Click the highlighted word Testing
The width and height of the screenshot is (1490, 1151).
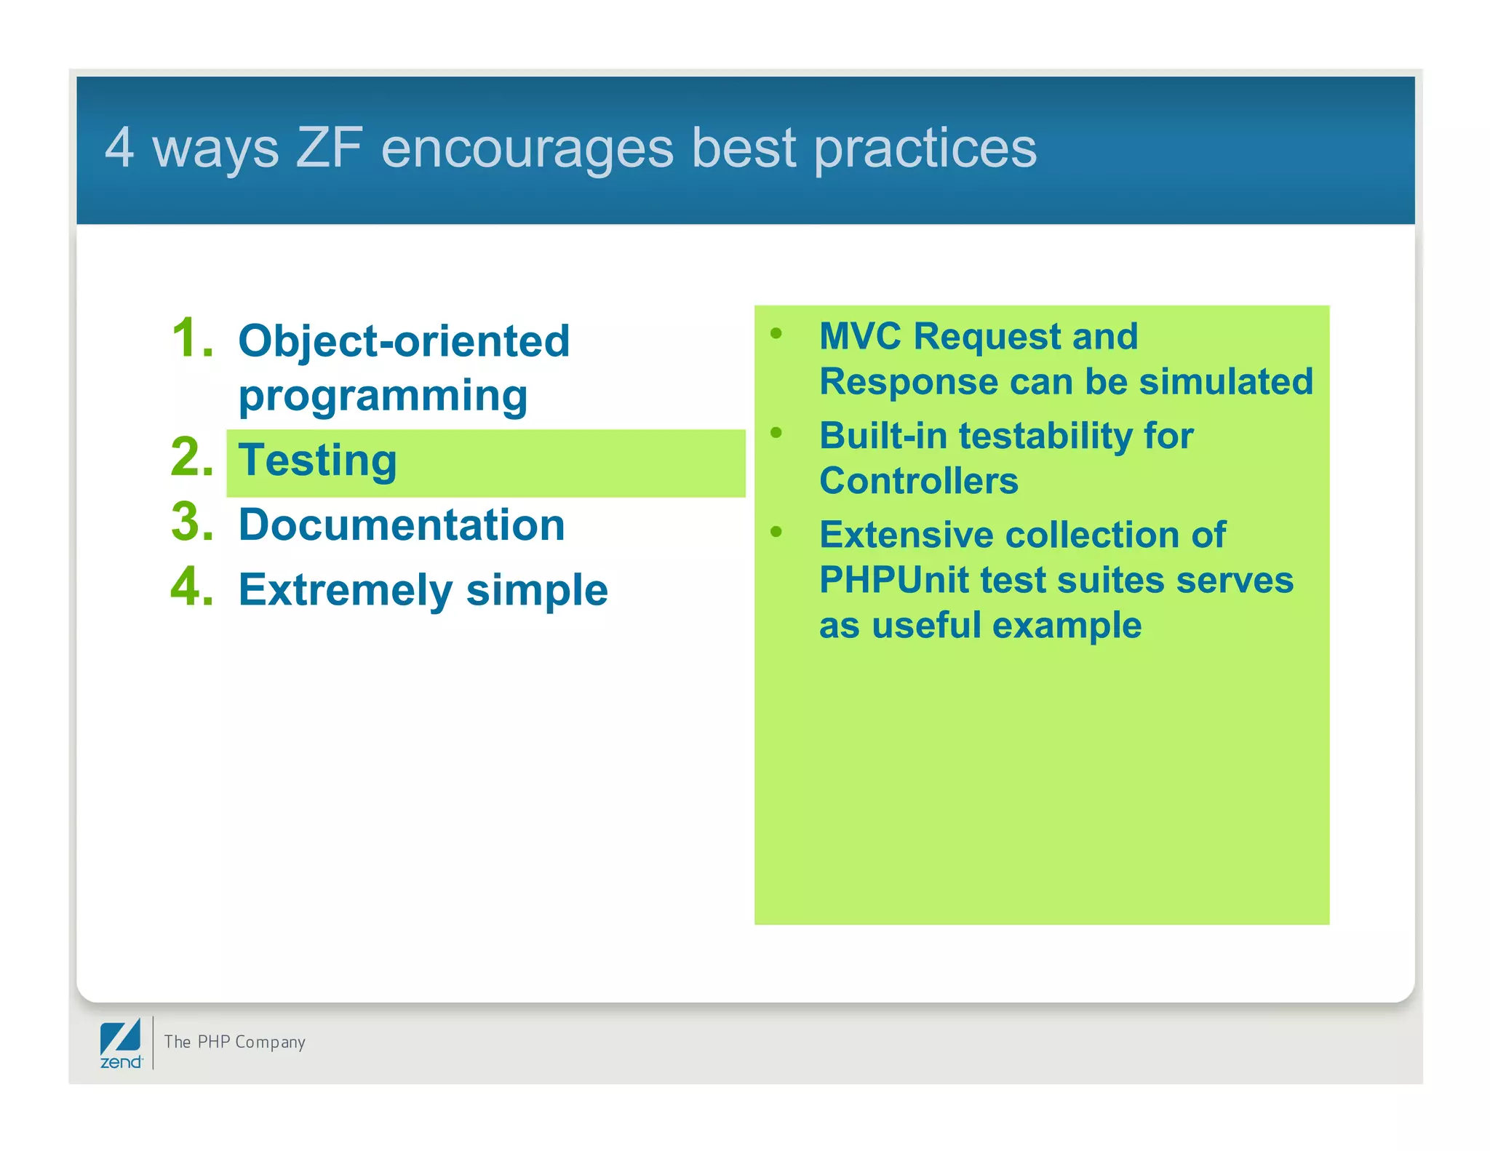(x=318, y=461)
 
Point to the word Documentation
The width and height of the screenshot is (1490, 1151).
(x=402, y=525)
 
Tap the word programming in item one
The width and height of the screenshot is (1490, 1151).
(x=383, y=397)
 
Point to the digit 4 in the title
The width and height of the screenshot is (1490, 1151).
(x=119, y=148)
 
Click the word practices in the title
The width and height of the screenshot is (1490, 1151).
(x=925, y=149)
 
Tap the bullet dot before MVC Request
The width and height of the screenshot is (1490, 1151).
(x=776, y=334)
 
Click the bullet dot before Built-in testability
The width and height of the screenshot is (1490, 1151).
(x=776, y=433)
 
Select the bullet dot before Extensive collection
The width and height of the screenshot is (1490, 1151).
(x=776, y=532)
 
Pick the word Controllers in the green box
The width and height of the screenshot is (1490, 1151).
(x=918, y=481)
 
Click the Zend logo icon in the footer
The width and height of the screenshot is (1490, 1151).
(x=121, y=1043)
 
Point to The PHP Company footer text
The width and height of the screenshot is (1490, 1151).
(x=234, y=1042)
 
